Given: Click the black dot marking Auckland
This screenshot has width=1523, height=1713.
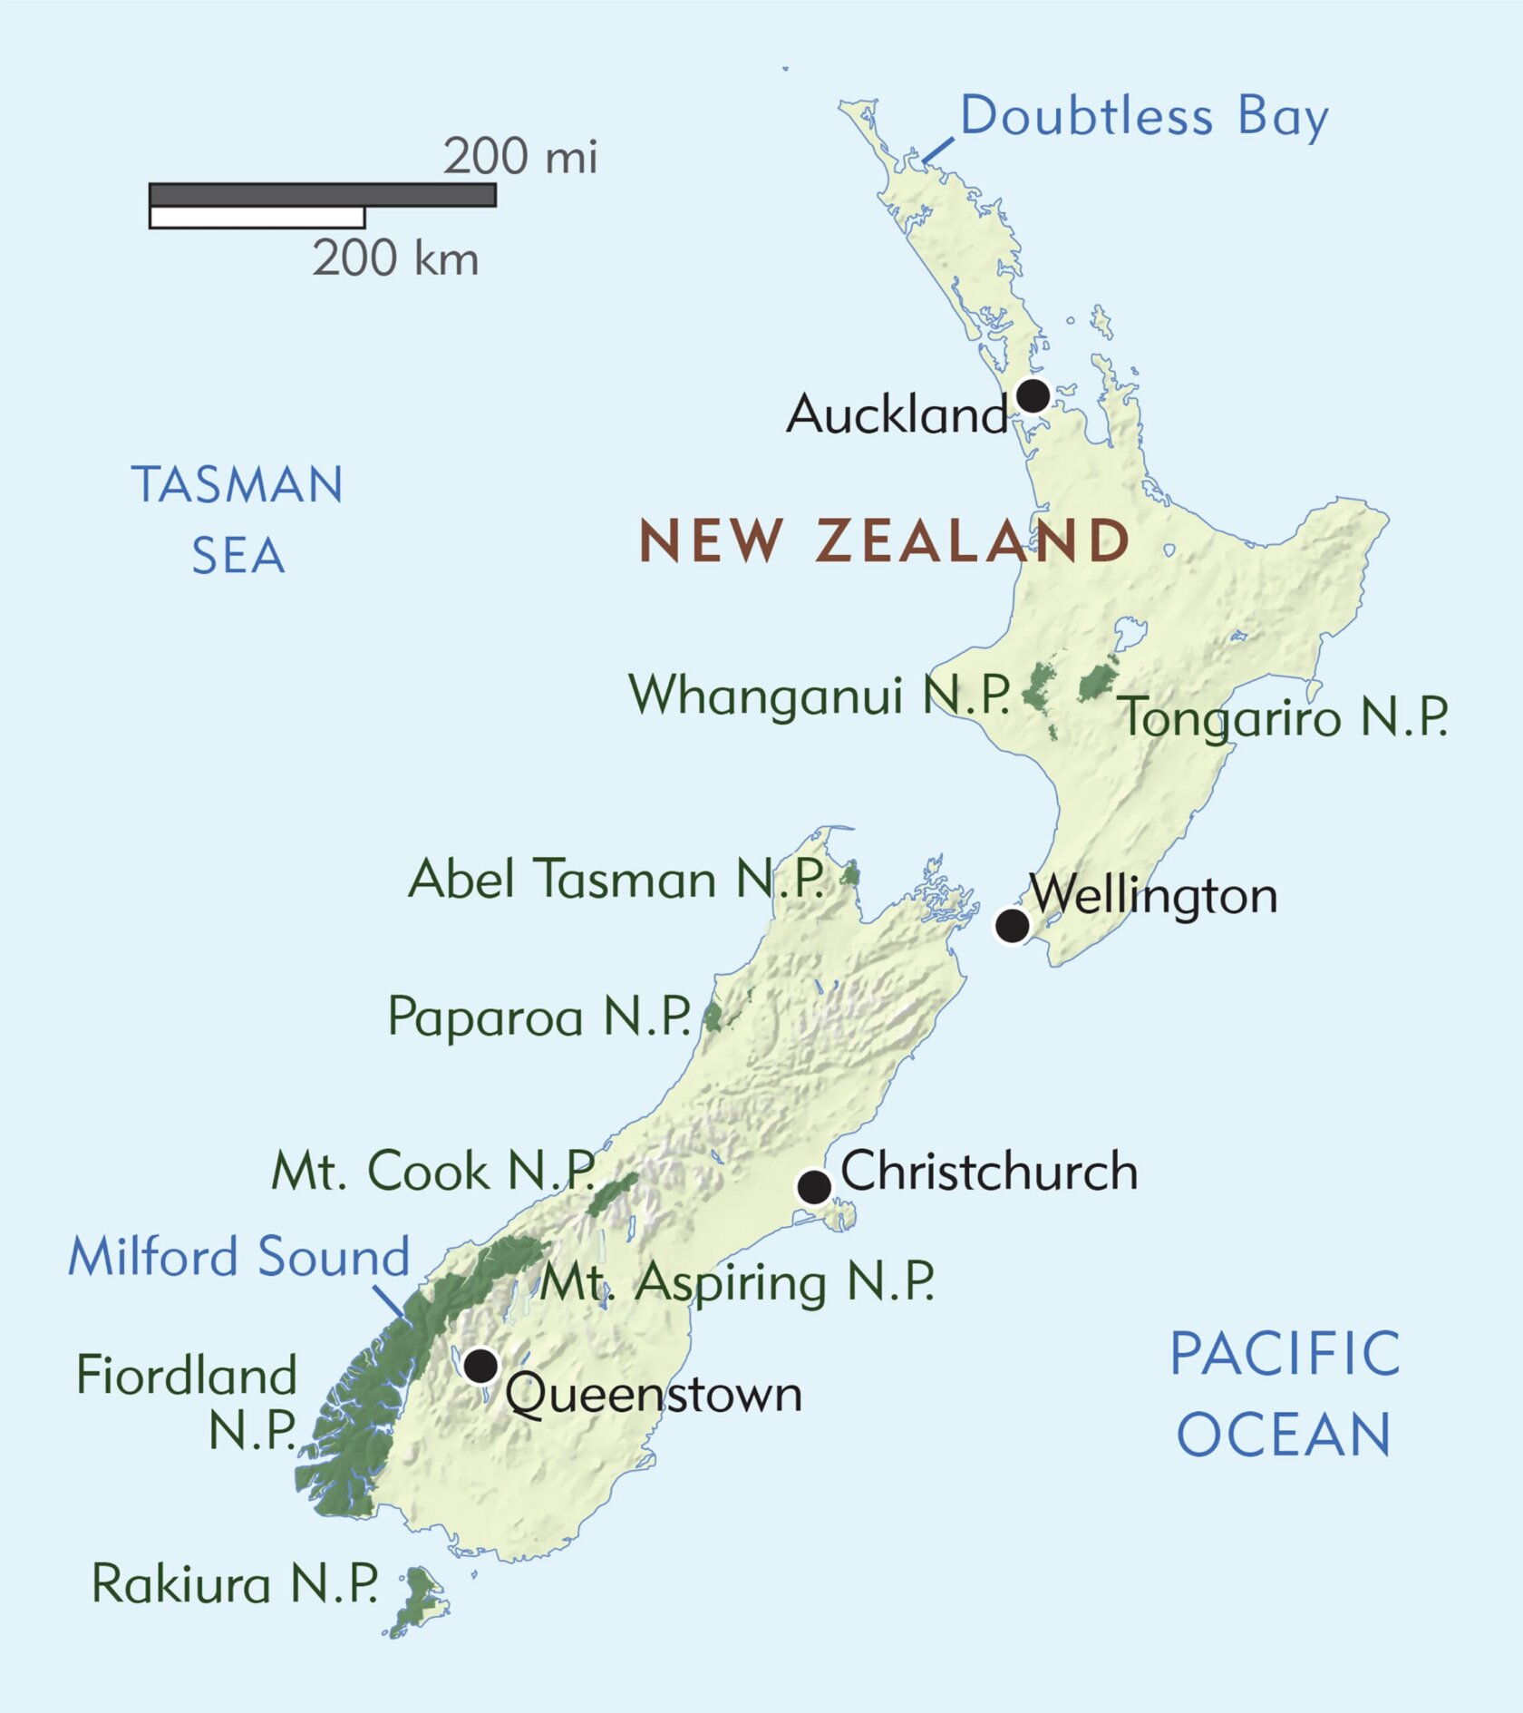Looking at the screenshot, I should click(x=1033, y=395).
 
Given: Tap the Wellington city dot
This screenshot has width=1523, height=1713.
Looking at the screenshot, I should click(x=1012, y=926).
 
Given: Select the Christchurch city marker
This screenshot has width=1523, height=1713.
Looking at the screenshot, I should click(x=813, y=1186).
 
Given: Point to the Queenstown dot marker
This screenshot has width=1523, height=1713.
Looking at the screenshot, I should click(x=480, y=1364).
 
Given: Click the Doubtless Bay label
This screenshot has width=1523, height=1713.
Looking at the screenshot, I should click(x=1143, y=117).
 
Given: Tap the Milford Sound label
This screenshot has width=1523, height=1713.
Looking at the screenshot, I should click(x=239, y=1257).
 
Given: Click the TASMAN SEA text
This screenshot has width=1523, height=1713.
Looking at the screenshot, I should click(x=238, y=520).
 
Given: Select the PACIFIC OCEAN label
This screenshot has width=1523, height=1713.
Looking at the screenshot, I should click(x=1284, y=1393).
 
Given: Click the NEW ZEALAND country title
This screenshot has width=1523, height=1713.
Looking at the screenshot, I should click(x=884, y=541).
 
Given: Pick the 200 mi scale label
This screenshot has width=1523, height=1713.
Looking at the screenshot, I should click(x=519, y=156).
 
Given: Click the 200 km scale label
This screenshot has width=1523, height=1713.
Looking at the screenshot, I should click(x=395, y=258).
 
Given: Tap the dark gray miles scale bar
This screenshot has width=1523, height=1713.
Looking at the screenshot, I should click(x=322, y=195).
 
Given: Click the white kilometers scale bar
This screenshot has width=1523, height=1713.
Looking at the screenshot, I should click(x=257, y=218).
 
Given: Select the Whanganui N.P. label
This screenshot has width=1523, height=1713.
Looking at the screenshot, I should click(x=819, y=696).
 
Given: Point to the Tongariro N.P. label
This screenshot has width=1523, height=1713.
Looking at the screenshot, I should click(x=1285, y=717).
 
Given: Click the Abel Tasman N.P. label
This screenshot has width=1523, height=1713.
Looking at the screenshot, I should click(x=616, y=880).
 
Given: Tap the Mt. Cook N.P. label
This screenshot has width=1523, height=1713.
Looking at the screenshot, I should click(x=433, y=1171).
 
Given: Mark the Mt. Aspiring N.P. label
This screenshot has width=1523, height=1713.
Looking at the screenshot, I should click(x=737, y=1282).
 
